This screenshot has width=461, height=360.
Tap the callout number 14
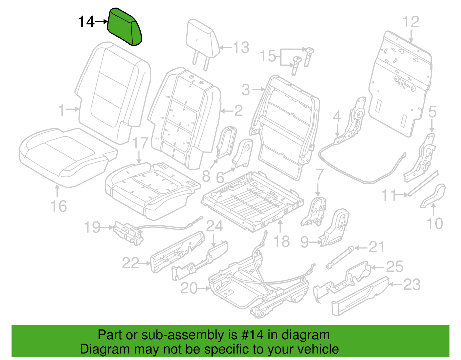(x=86, y=22)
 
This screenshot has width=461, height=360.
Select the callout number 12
(x=411, y=22)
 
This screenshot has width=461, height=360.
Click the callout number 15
(x=268, y=56)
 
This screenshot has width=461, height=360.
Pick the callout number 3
(x=246, y=90)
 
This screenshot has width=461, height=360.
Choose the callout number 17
(x=140, y=143)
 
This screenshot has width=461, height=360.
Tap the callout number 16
(x=59, y=206)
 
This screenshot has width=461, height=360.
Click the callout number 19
(x=92, y=227)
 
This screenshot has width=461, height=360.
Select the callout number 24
(x=214, y=226)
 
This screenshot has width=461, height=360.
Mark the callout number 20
(x=189, y=288)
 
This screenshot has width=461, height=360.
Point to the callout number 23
(x=412, y=284)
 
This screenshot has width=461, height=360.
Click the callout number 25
(x=395, y=267)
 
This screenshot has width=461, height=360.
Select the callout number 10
(x=435, y=223)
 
